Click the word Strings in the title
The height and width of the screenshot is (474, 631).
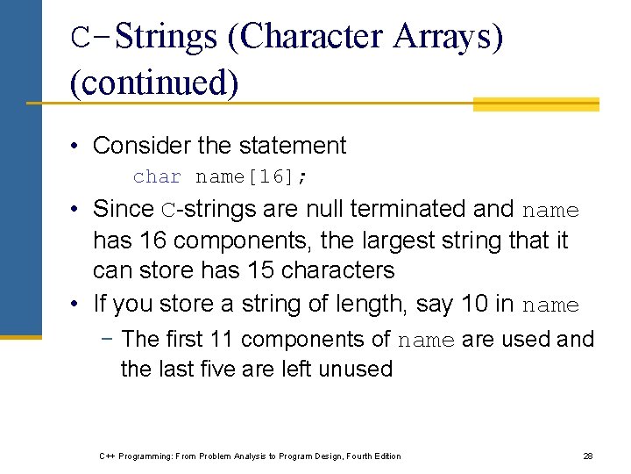(166, 37)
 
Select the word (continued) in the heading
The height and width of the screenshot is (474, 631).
(154, 83)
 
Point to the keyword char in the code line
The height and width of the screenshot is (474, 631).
(158, 176)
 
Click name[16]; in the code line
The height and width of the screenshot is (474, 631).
(252, 176)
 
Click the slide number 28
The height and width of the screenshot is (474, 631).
(588, 456)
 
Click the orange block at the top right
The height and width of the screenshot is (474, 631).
(535, 104)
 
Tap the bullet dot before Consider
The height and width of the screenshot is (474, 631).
(76, 146)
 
